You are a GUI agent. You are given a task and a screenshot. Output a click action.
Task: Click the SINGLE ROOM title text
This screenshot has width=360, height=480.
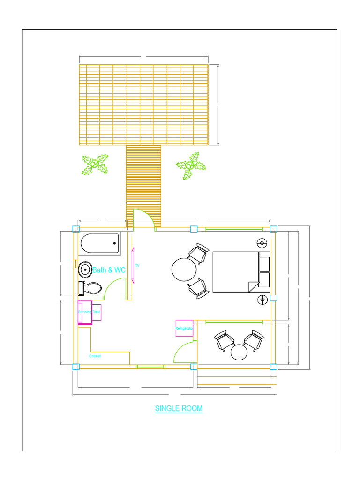pos(179,408)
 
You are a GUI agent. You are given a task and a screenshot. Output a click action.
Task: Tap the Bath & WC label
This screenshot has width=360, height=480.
pos(109,270)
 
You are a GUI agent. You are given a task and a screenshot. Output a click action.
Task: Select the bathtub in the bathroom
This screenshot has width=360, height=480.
pos(100,243)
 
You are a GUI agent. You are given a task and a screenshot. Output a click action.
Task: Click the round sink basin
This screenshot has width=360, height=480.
pos(85,269)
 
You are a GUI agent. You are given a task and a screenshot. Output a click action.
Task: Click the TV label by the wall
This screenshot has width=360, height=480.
pos(137,266)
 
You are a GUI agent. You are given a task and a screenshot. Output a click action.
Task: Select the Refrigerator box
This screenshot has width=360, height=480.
pos(184,328)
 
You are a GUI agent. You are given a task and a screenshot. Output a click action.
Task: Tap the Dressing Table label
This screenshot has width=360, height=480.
pos(89,312)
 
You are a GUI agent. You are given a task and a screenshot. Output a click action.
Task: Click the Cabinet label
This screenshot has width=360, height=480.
pos(95,356)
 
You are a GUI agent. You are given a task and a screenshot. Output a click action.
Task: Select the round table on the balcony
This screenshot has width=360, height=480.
pos(239,352)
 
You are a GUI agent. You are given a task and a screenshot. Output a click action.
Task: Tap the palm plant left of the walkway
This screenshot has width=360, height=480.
pos(95,164)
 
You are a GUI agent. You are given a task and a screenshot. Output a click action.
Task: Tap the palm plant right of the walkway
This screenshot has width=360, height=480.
pos(191,165)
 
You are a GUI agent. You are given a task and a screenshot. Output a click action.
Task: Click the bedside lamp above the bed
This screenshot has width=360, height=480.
pos(262,243)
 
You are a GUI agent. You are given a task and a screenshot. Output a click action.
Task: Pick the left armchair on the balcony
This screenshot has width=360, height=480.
pos(224,341)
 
